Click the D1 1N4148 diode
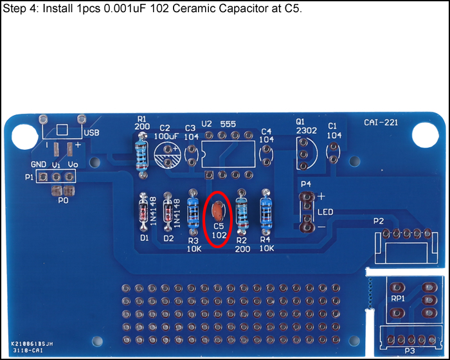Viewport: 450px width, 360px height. [144, 212]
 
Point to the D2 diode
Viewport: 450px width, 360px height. [168, 212]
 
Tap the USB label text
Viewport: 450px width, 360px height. [91, 133]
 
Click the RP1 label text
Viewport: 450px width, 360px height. [398, 298]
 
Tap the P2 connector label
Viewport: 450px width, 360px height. [378, 221]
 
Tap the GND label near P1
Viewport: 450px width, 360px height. [39, 165]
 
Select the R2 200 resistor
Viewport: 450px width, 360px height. [242, 211]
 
